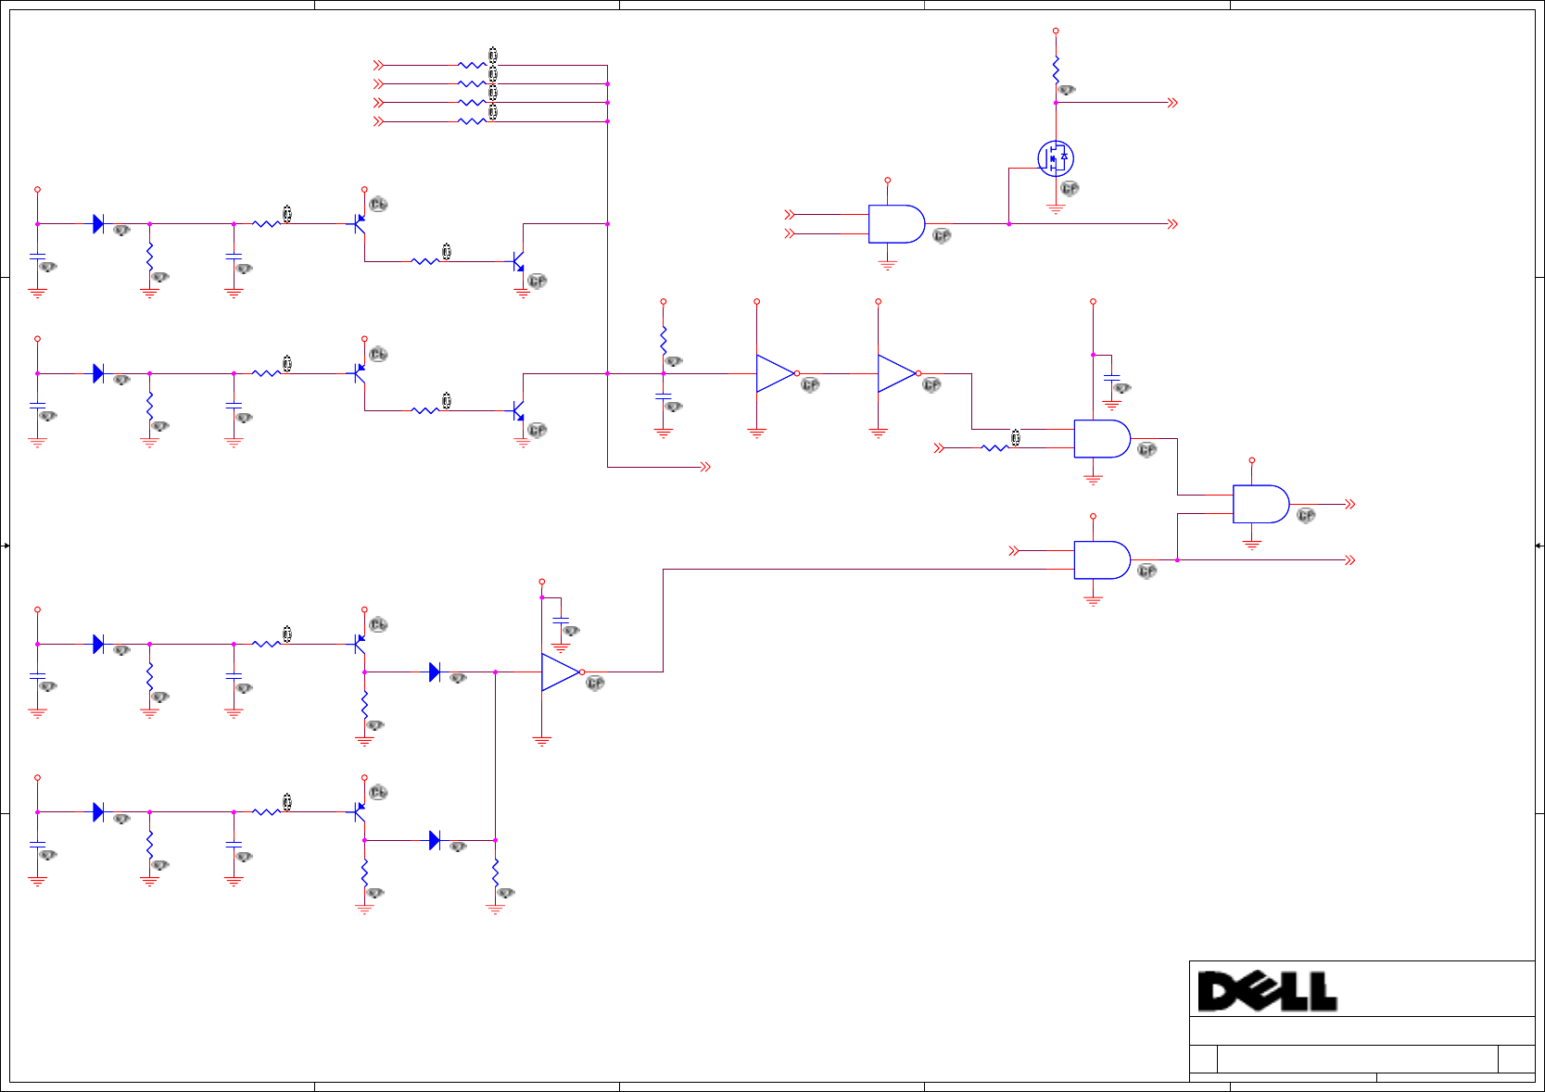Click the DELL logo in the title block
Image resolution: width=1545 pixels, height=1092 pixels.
click(1266, 991)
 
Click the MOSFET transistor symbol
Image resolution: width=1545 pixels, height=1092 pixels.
click(1055, 158)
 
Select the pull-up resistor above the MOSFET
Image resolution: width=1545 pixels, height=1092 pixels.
click(1056, 69)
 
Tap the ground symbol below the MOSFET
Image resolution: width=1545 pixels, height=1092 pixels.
click(1056, 208)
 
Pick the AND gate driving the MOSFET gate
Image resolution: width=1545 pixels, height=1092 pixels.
click(896, 224)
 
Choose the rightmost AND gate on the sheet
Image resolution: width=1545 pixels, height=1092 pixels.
click(1260, 504)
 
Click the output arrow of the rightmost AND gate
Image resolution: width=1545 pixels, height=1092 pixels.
click(1350, 504)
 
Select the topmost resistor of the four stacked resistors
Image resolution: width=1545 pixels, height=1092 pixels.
click(472, 66)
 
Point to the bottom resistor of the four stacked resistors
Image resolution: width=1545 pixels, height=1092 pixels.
click(472, 121)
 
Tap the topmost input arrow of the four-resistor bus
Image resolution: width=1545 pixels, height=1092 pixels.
click(378, 66)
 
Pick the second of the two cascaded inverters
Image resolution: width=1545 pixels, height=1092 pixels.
click(897, 373)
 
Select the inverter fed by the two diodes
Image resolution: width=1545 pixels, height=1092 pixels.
click(561, 672)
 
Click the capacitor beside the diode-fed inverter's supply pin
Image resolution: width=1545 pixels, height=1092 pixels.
click(561, 619)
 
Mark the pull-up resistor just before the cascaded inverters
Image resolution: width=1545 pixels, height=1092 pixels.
click(664, 339)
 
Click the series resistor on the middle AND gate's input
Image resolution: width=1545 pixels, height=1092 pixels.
click(994, 448)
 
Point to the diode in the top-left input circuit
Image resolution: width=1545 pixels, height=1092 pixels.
click(98, 223)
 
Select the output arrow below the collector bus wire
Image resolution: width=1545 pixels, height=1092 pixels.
click(705, 467)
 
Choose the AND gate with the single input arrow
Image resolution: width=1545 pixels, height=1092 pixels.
click(1102, 559)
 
